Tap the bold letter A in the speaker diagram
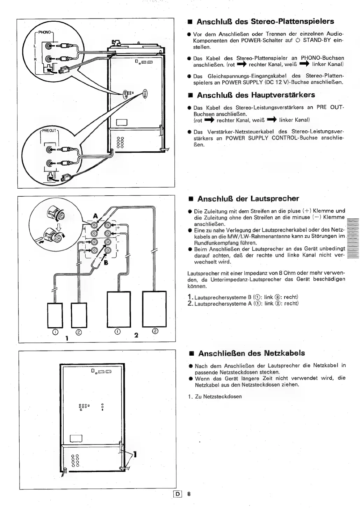95,216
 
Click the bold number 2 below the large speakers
137,335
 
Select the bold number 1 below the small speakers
66,338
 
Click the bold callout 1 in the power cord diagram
135,455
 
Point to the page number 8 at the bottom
189,494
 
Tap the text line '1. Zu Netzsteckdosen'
218,397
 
